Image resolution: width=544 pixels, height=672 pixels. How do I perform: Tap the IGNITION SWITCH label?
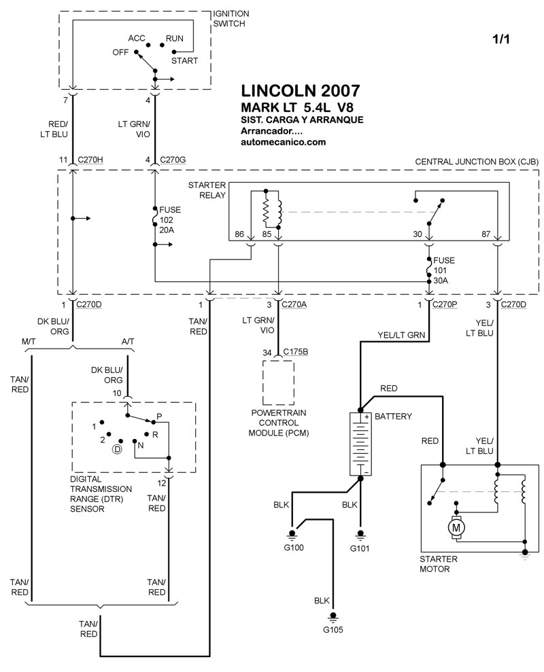[232, 18]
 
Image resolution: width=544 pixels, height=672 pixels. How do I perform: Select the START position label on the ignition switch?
[185, 60]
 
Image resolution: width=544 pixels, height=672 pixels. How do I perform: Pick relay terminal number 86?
[239, 233]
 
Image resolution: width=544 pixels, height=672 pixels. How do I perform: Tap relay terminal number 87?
[486, 233]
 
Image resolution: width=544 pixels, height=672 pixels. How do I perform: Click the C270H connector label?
[91, 160]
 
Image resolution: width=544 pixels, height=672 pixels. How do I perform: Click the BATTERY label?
[394, 416]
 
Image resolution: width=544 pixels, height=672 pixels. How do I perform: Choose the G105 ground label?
[333, 629]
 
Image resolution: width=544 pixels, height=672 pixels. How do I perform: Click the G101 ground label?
[361, 548]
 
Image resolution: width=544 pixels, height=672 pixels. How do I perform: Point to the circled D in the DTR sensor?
[117, 449]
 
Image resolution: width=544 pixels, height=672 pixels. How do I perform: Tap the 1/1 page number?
[500, 39]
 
